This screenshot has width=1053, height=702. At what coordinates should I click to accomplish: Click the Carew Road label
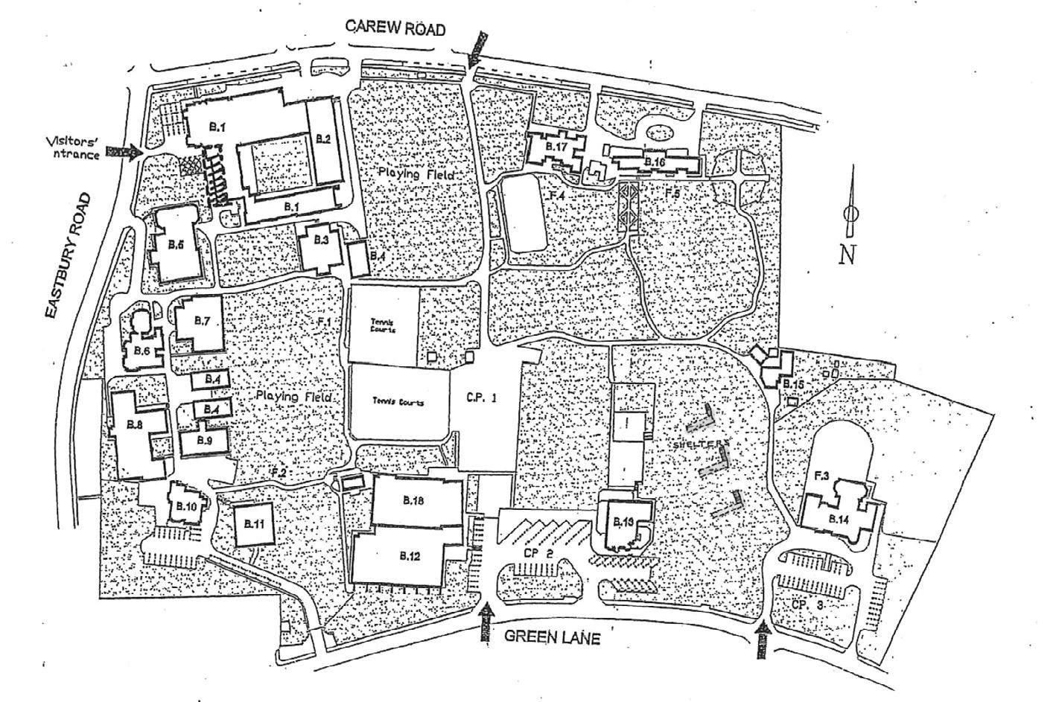396,29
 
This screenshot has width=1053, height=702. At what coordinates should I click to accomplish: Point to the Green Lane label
553,637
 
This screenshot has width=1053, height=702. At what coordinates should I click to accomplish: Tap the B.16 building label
655,162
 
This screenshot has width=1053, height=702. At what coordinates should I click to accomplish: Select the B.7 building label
202,321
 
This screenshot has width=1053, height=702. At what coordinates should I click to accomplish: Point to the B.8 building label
135,424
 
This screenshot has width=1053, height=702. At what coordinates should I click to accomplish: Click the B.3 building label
321,240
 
